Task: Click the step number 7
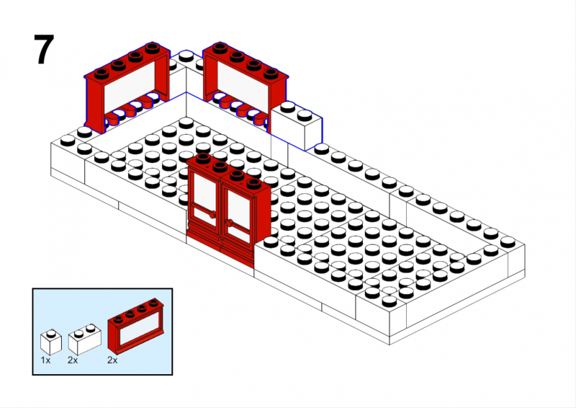click(x=44, y=50)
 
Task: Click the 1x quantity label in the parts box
click(x=45, y=360)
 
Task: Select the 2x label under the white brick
click(x=73, y=360)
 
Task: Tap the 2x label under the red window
click(x=112, y=360)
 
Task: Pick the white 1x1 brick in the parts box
click(x=50, y=342)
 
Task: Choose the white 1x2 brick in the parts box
click(x=84, y=340)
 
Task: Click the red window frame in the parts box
click(x=136, y=324)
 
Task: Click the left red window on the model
click(x=127, y=87)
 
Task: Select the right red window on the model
click(x=245, y=84)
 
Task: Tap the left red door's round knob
click(x=212, y=215)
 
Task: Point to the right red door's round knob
click(x=229, y=223)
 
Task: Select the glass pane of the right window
click(x=243, y=84)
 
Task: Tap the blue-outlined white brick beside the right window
click(x=297, y=125)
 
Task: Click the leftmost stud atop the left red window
click(x=102, y=74)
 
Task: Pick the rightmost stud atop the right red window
click(x=271, y=74)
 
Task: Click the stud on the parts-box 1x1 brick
click(x=51, y=334)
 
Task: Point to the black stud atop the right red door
click(x=253, y=182)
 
